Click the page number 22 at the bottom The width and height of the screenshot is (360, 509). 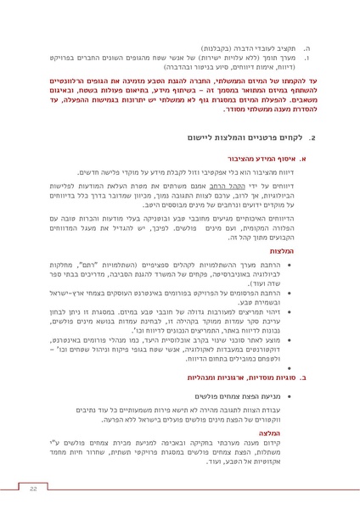[34, 489]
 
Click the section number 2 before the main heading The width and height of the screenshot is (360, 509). [312, 136]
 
